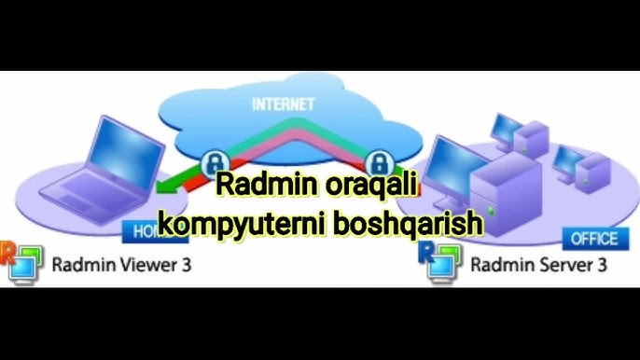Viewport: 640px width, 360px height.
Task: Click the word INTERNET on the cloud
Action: pyautogui.click(x=283, y=104)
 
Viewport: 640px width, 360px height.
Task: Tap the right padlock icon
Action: pyautogui.click(x=377, y=159)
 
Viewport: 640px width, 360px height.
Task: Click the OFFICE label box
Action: pyautogui.click(x=594, y=239)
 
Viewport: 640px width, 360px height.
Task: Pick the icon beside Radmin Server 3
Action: pyautogui.click(x=440, y=262)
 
